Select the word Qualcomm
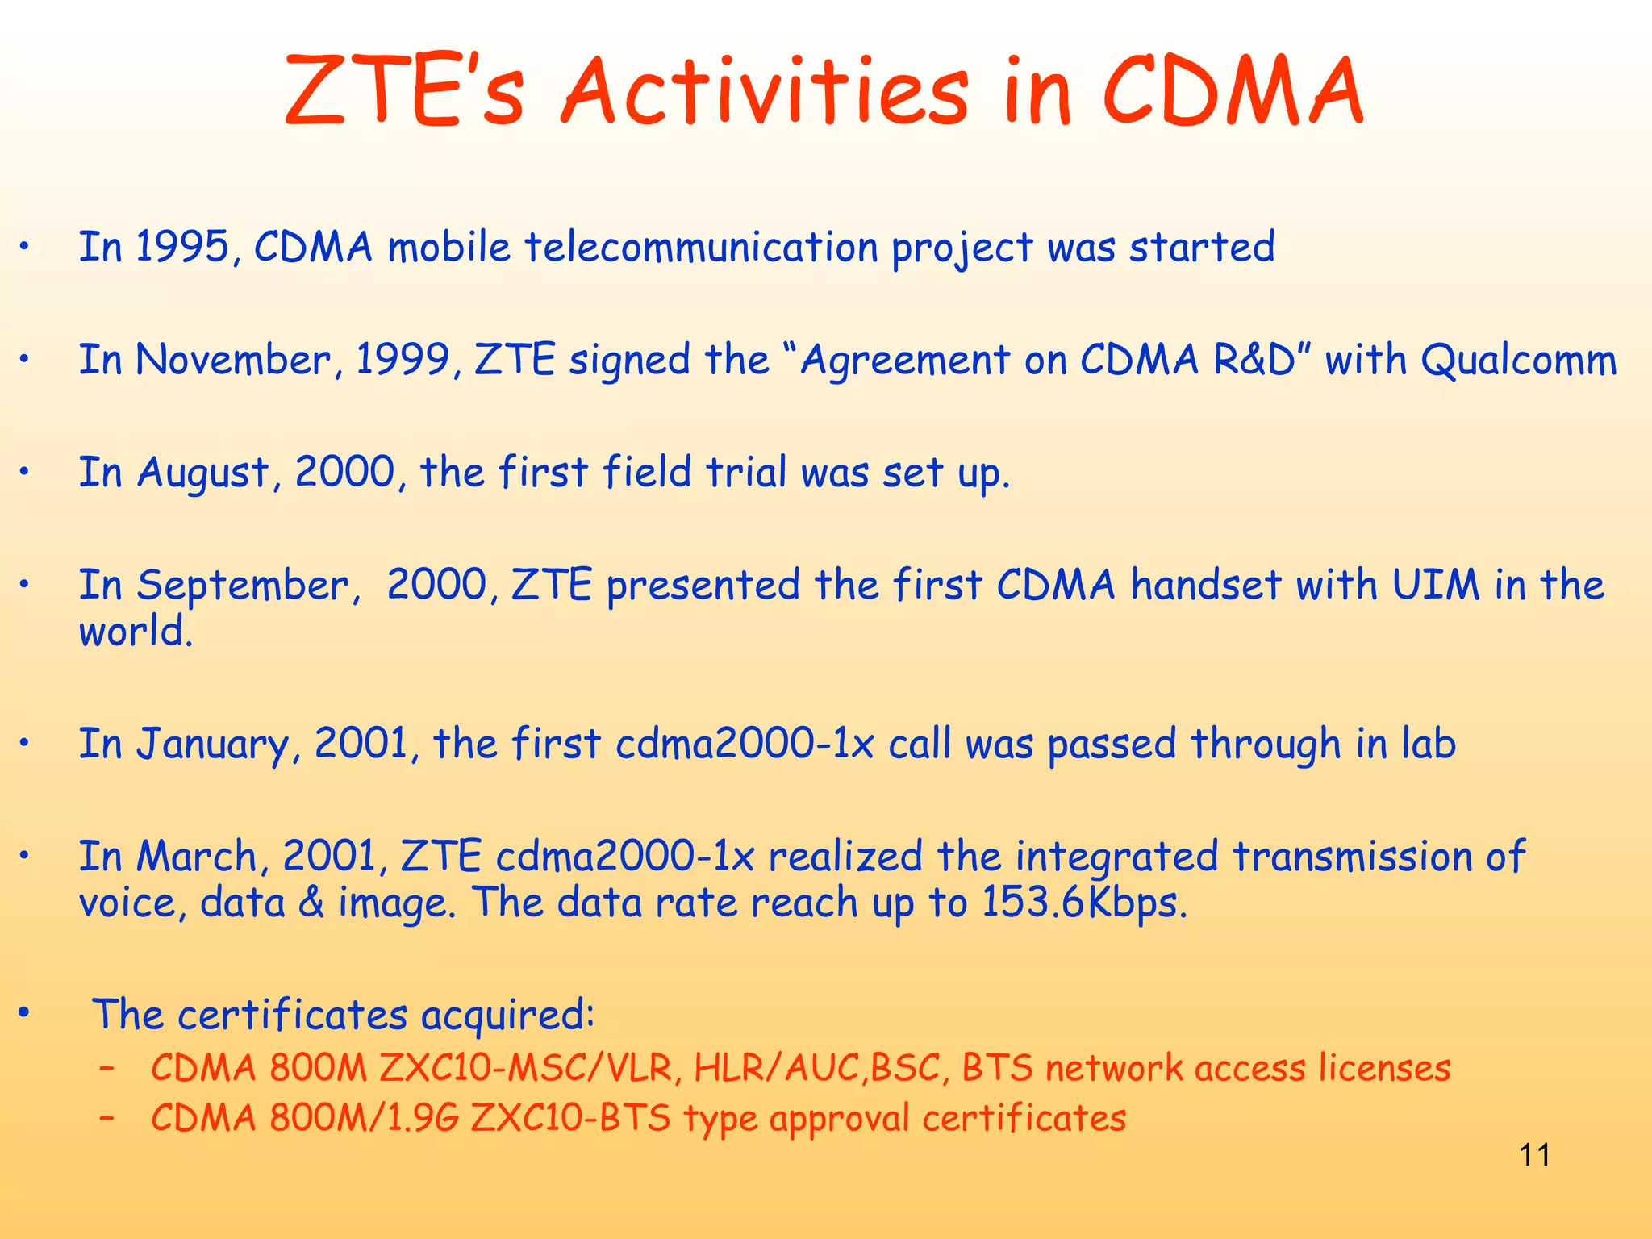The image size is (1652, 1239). tap(1518, 360)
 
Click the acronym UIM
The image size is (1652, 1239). tap(1436, 585)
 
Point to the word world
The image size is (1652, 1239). tap(136, 632)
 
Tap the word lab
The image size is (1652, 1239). tap(1428, 744)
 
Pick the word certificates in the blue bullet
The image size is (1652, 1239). tap(292, 1015)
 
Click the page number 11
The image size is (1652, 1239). tap(1534, 1155)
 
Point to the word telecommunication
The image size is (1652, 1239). tap(701, 247)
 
